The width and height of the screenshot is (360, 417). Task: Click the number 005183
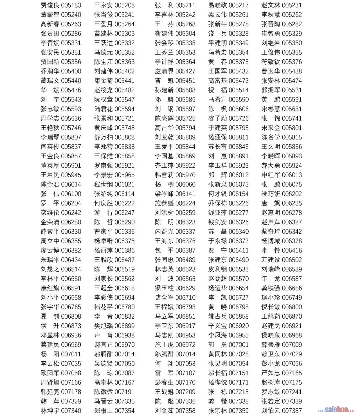[71, 5]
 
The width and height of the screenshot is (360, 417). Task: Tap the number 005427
[185, 71]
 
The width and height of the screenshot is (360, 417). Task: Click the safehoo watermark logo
[336, 410]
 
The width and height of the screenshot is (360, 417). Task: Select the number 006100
[71, 194]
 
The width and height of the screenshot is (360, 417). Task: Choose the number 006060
[185, 184]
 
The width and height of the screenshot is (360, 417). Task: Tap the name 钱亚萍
[217, 213]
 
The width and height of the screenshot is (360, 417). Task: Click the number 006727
[239, 297]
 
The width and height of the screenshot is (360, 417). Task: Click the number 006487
[124, 260]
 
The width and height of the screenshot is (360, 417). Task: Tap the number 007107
[185, 373]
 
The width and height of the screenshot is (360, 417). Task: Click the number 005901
[71, 166]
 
